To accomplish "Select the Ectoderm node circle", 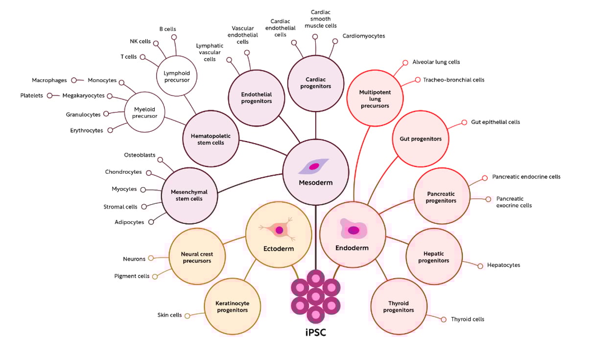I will point(279,235).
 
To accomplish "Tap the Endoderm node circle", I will point(352,235).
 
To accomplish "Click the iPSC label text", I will point(316,333).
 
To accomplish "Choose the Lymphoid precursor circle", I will point(176,76).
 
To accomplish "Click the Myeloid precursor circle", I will point(144,113).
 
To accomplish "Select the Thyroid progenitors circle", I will point(399,306).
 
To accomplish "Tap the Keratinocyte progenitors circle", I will point(233,306).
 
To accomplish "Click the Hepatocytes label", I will point(503,265).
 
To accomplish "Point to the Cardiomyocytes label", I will point(363,36).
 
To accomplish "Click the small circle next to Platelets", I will point(49,96).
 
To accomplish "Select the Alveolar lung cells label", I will point(436,62).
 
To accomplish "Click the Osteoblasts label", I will point(140,155).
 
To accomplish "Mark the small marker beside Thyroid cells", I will point(444,319).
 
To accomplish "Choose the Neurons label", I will point(134,259).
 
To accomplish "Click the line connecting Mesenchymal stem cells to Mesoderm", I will point(250,185).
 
